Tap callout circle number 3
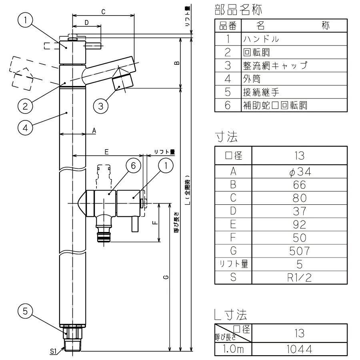(x=101, y=106)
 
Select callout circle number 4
(x=25, y=128)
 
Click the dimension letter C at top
(x=103, y=12)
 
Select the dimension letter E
(x=107, y=152)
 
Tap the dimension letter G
(x=165, y=277)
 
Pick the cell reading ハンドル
(x=260, y=39)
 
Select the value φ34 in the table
(x=299, y=172)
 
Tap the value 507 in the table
(x=299, y=251)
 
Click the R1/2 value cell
(x=299, y=277)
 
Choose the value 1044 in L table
(x=299, y=349)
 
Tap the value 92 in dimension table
(x=299, y=224)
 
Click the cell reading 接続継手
(x=260, y=92)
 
